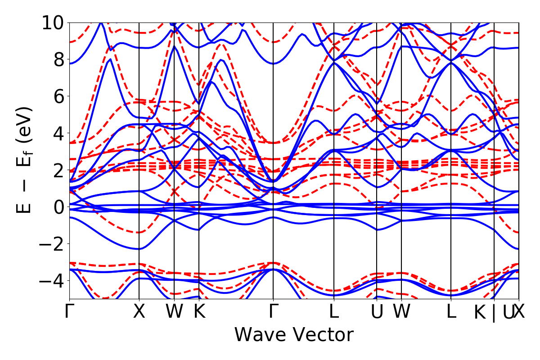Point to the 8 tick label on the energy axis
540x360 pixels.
pos(58,59)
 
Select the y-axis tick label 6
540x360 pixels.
pos(58,96)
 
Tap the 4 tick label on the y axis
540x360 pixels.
pos(58,133)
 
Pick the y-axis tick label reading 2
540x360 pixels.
pos(58,170)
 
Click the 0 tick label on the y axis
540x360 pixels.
pos(58,207)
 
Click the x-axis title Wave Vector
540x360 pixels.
pos(294,335)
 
